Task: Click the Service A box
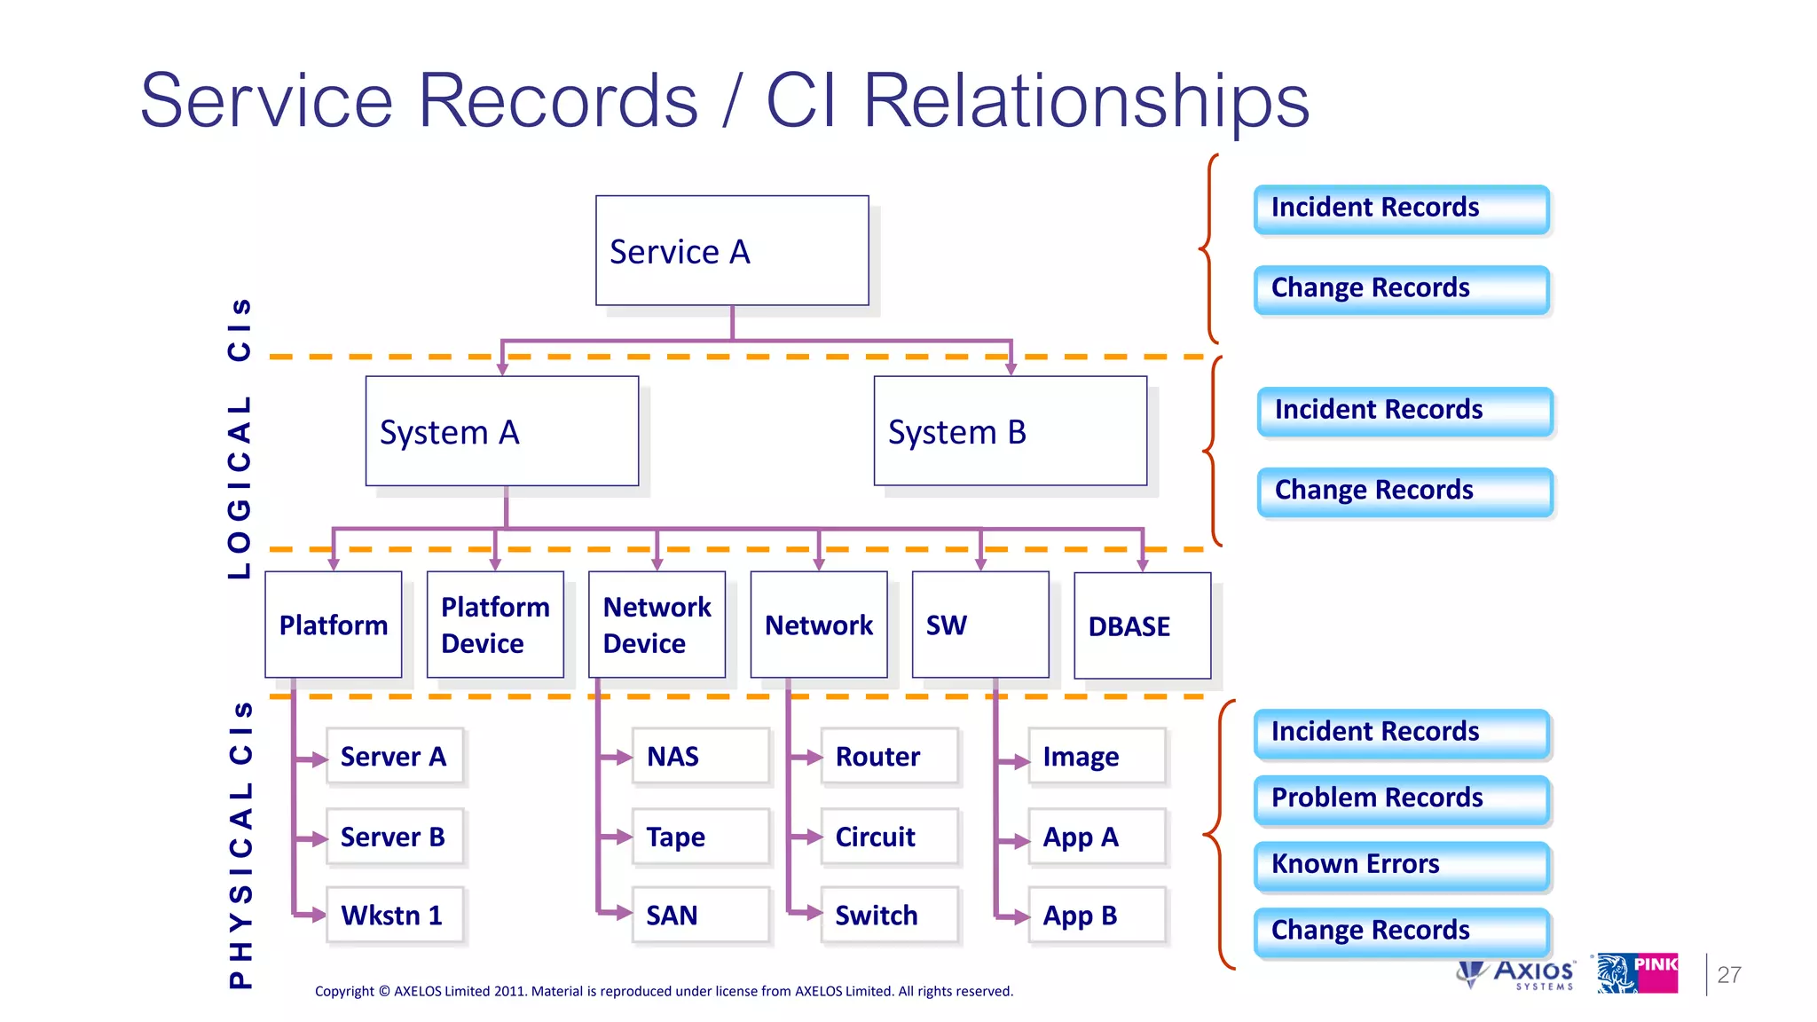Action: tap(732, 251)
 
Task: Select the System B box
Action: tap(1010, 431)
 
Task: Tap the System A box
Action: tap(501, 431)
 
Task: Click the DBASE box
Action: tap(1142, 625)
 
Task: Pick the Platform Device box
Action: tap(495, 625)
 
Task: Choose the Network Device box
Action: tap(657, 625)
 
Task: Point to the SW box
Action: tap(979, 625)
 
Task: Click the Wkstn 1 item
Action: tap(395, 915)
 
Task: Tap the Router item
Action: tap(889, 757)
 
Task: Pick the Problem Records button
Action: tap(1401, 798)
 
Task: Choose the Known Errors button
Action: tap(1401, 864)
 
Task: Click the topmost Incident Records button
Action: tap(1401, 208)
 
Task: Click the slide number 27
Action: tap(1728, 974)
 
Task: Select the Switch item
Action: tap(889, 915)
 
